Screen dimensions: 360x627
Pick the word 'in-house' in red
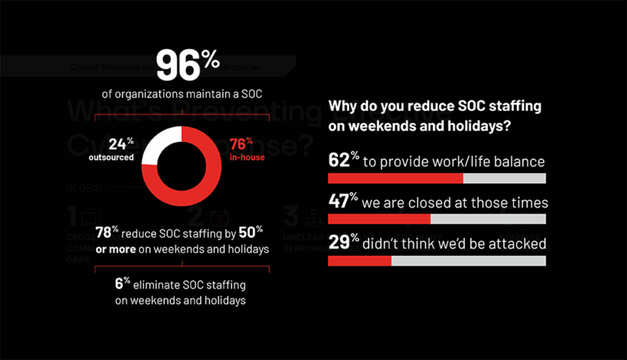pyautogui.click(x=247, y=157)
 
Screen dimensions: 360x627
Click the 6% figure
pyautogui.click(x=122, y=285)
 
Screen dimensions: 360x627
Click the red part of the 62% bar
pyautogui.click(x=395, y=179)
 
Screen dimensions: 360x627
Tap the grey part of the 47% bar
pyautogui.click(x=487, y=220)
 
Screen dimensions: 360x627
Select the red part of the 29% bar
pyautogui.click(x=359, y=261)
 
